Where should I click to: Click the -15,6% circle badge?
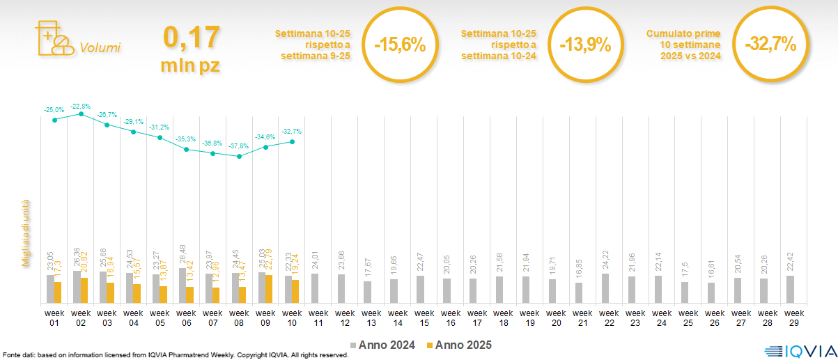tap(399, 45)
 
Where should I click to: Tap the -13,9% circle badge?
tap(584, 45)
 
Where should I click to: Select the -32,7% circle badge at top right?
tap(770, 45)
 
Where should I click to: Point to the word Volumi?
tap(100, 48)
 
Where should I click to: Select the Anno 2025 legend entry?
tap(459, 345)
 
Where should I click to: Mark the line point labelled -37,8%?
tap(240, 156)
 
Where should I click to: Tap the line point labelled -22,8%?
tap(82, 114)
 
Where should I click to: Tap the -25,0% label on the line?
tap(54, 110)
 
